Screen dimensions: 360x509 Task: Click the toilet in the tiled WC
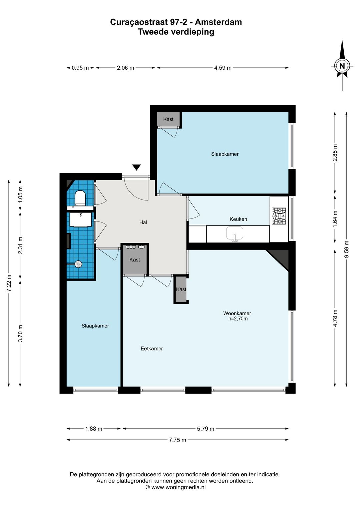80,197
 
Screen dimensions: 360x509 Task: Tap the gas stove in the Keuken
279,216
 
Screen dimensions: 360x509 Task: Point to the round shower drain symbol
78,264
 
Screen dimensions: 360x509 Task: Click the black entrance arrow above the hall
137,167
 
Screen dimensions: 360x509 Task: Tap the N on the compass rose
342,66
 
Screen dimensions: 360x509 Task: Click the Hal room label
143,222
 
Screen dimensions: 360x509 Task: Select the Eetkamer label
152,348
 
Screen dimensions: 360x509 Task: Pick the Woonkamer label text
237,313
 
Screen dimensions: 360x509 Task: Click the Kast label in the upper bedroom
168,119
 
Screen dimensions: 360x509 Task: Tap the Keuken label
238,219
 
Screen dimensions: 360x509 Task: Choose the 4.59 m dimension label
223,68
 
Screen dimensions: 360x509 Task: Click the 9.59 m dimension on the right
347,249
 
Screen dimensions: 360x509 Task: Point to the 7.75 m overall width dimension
178,440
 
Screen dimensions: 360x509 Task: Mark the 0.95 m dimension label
80,68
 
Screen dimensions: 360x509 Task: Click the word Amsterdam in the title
218,22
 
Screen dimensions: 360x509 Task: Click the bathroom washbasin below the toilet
81,219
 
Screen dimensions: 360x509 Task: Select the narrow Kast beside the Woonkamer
181,289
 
